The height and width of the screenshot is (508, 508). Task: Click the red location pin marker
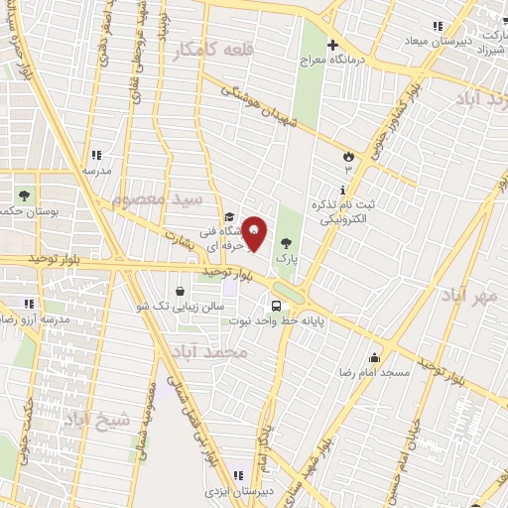255,234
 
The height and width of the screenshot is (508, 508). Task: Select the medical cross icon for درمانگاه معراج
332,45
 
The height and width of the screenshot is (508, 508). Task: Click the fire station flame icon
347,157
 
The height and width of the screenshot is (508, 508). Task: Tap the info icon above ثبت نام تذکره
343,189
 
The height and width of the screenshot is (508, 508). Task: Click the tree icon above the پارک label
286,242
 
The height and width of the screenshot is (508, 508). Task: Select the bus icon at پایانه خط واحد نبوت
277,304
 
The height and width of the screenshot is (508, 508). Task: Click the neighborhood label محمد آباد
207,352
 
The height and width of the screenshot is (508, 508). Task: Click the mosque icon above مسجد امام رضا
374,357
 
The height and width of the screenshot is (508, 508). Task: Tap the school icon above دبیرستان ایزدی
238,474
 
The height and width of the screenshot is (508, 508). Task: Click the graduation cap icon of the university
228,217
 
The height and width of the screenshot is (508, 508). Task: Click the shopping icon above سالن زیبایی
179,291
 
